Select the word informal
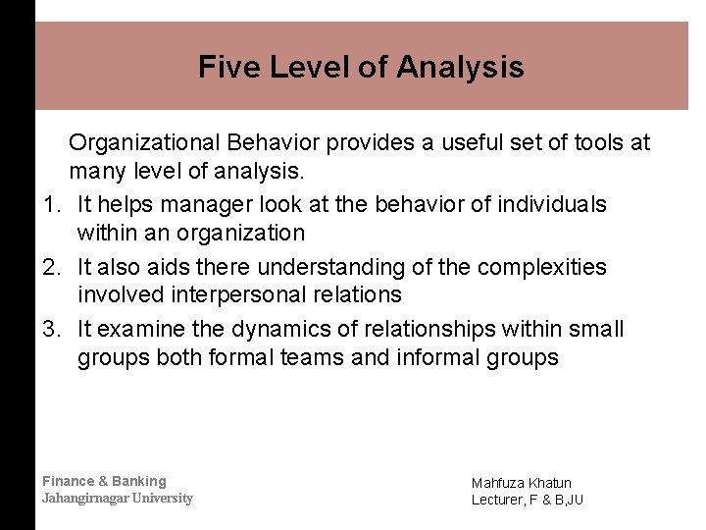coord(439,357)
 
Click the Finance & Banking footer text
coord(104,481)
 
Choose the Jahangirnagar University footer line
coord(117,498)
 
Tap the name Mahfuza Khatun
coord(521,483)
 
